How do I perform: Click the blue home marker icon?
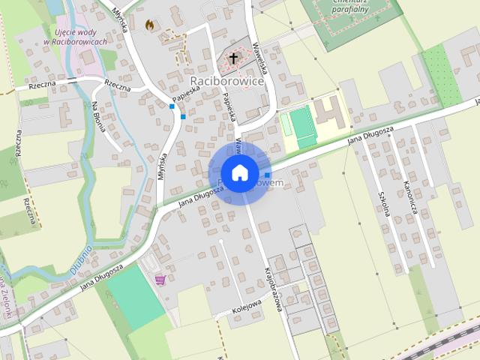coord(239,173)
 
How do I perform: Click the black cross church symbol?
coord(233,58)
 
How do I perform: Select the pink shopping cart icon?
coord(160,280)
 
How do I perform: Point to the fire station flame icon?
coord(149,25)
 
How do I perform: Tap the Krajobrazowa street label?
coord(276,288)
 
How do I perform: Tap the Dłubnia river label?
coord(83,259)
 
